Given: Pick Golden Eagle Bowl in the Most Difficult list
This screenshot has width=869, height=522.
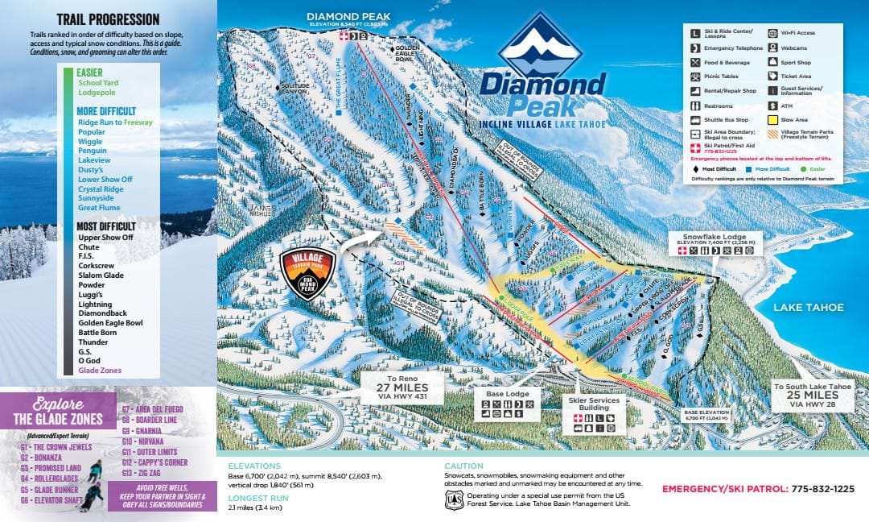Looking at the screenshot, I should click(111, 323).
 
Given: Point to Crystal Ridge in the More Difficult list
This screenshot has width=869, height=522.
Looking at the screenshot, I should click(101, 188).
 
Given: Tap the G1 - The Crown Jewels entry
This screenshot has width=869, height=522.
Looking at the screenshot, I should click(56, 447).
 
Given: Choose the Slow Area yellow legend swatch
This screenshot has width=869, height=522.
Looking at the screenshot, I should click(774, 119).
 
